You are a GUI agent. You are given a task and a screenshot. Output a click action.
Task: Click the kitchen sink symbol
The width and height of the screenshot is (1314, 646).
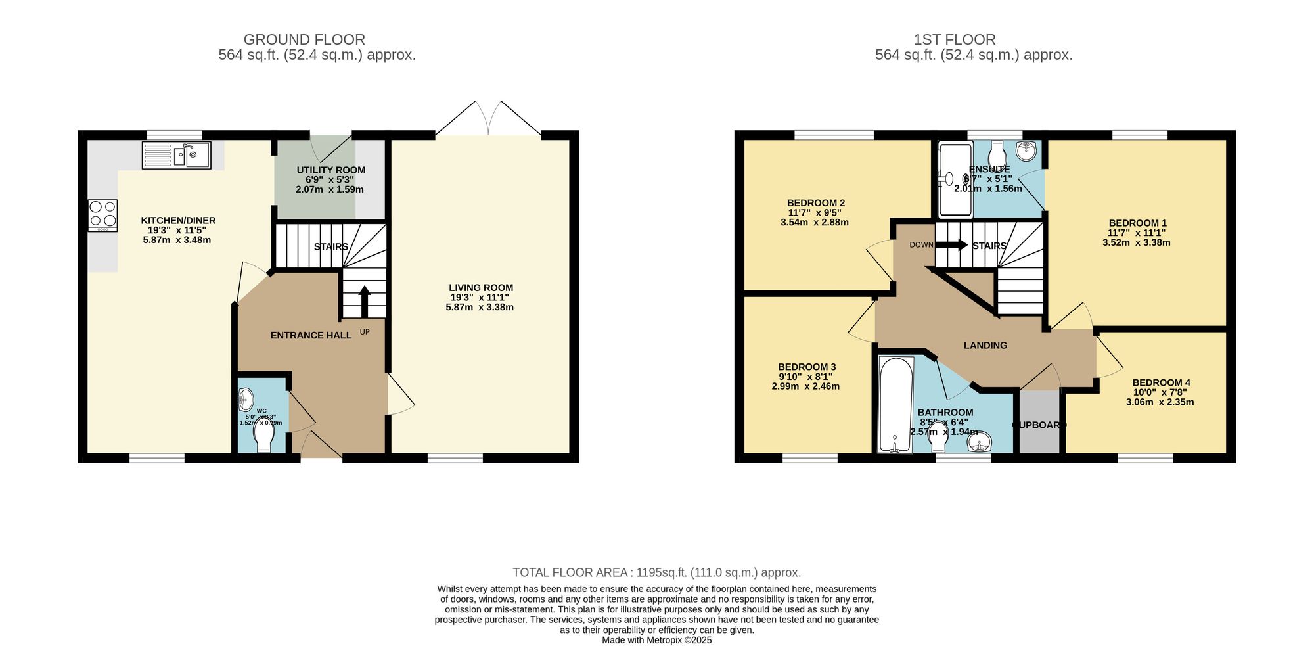pos(176,156)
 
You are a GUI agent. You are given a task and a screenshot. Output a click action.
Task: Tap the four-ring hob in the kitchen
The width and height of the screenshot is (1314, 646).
pos(102,215)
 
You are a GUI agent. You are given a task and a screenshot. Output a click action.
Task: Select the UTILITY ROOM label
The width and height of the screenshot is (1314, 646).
pos(330,170)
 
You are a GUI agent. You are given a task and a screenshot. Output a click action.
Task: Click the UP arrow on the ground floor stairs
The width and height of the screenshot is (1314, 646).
pos(364,301)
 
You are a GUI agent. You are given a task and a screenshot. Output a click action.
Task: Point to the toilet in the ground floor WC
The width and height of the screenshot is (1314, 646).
pos(264,438)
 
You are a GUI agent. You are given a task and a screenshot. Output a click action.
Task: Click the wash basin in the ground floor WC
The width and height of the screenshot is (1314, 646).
pos(246,399)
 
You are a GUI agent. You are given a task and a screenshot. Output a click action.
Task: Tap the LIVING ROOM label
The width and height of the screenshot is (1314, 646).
pos(480,288)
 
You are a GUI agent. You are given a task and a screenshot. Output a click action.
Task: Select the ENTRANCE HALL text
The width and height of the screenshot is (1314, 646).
pos(311,335)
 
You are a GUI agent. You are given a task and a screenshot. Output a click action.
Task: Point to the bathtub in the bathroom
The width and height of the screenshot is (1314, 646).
pos(895,404)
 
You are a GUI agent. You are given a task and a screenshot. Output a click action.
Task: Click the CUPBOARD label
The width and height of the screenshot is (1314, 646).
pos(1039,425)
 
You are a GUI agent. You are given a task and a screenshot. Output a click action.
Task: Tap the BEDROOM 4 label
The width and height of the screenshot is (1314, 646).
pos(1161,382)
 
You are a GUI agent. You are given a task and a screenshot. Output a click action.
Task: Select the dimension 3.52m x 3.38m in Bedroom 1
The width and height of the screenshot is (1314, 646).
pos(1136,242)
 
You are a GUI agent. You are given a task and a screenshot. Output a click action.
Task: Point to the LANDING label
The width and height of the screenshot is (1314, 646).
pos(985,346)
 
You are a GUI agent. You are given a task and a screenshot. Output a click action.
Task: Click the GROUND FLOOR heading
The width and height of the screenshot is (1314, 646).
pos(304,39)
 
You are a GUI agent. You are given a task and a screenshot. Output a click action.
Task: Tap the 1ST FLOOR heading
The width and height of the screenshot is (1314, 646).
pos(955,39)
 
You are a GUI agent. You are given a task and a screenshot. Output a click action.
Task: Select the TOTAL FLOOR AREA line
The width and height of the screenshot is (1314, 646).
pos(656,572)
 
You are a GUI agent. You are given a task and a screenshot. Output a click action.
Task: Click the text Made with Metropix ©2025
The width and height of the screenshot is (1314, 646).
pos(656,640)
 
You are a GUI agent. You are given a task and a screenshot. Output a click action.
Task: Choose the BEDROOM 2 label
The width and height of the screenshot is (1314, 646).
pos(815,203)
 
